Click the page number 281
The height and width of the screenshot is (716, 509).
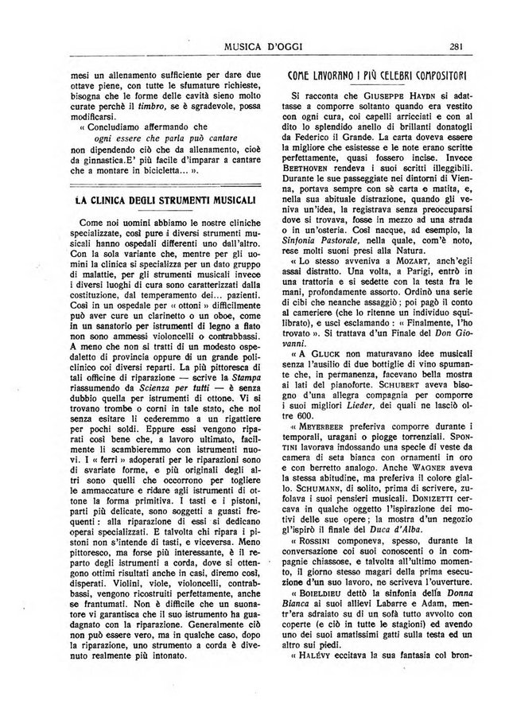click(456, 44)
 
